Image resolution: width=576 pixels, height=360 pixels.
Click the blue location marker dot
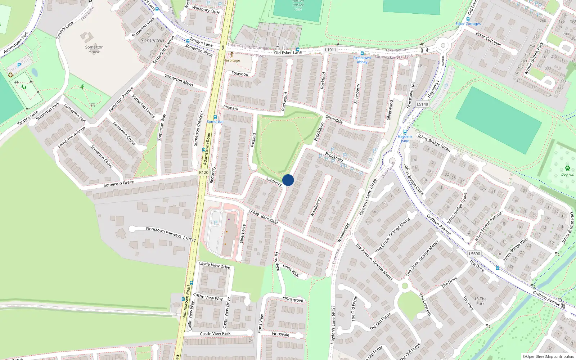(288, 180)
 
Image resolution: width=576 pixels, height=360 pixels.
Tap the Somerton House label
(94, 49)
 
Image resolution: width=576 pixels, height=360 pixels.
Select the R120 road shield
(203, 172)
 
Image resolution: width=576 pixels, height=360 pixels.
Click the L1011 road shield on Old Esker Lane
(330, 50)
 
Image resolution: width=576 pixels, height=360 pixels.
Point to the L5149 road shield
(422, 104)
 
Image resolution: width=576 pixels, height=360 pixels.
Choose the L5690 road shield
(474, 254)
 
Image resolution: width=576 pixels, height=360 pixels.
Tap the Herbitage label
(231, 60)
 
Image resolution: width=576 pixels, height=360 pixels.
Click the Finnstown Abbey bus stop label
(362, 60)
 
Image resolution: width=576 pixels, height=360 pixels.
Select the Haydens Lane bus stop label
(405, 139)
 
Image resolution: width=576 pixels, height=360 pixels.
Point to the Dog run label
(567, 175)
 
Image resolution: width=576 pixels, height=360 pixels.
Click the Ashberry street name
(274, 181)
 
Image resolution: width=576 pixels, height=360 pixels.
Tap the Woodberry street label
(316, 207)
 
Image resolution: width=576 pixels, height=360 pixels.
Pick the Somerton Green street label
(119, 183)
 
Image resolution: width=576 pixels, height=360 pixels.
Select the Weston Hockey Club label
(298, 5)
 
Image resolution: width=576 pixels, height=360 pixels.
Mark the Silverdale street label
(334, 119)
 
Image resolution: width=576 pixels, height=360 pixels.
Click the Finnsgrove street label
(293, 299)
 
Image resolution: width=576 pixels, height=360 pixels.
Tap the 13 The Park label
(480, 301)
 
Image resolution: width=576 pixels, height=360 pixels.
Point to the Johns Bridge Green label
(433, 143)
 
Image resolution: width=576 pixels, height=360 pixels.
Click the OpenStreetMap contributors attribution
(548, 356)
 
